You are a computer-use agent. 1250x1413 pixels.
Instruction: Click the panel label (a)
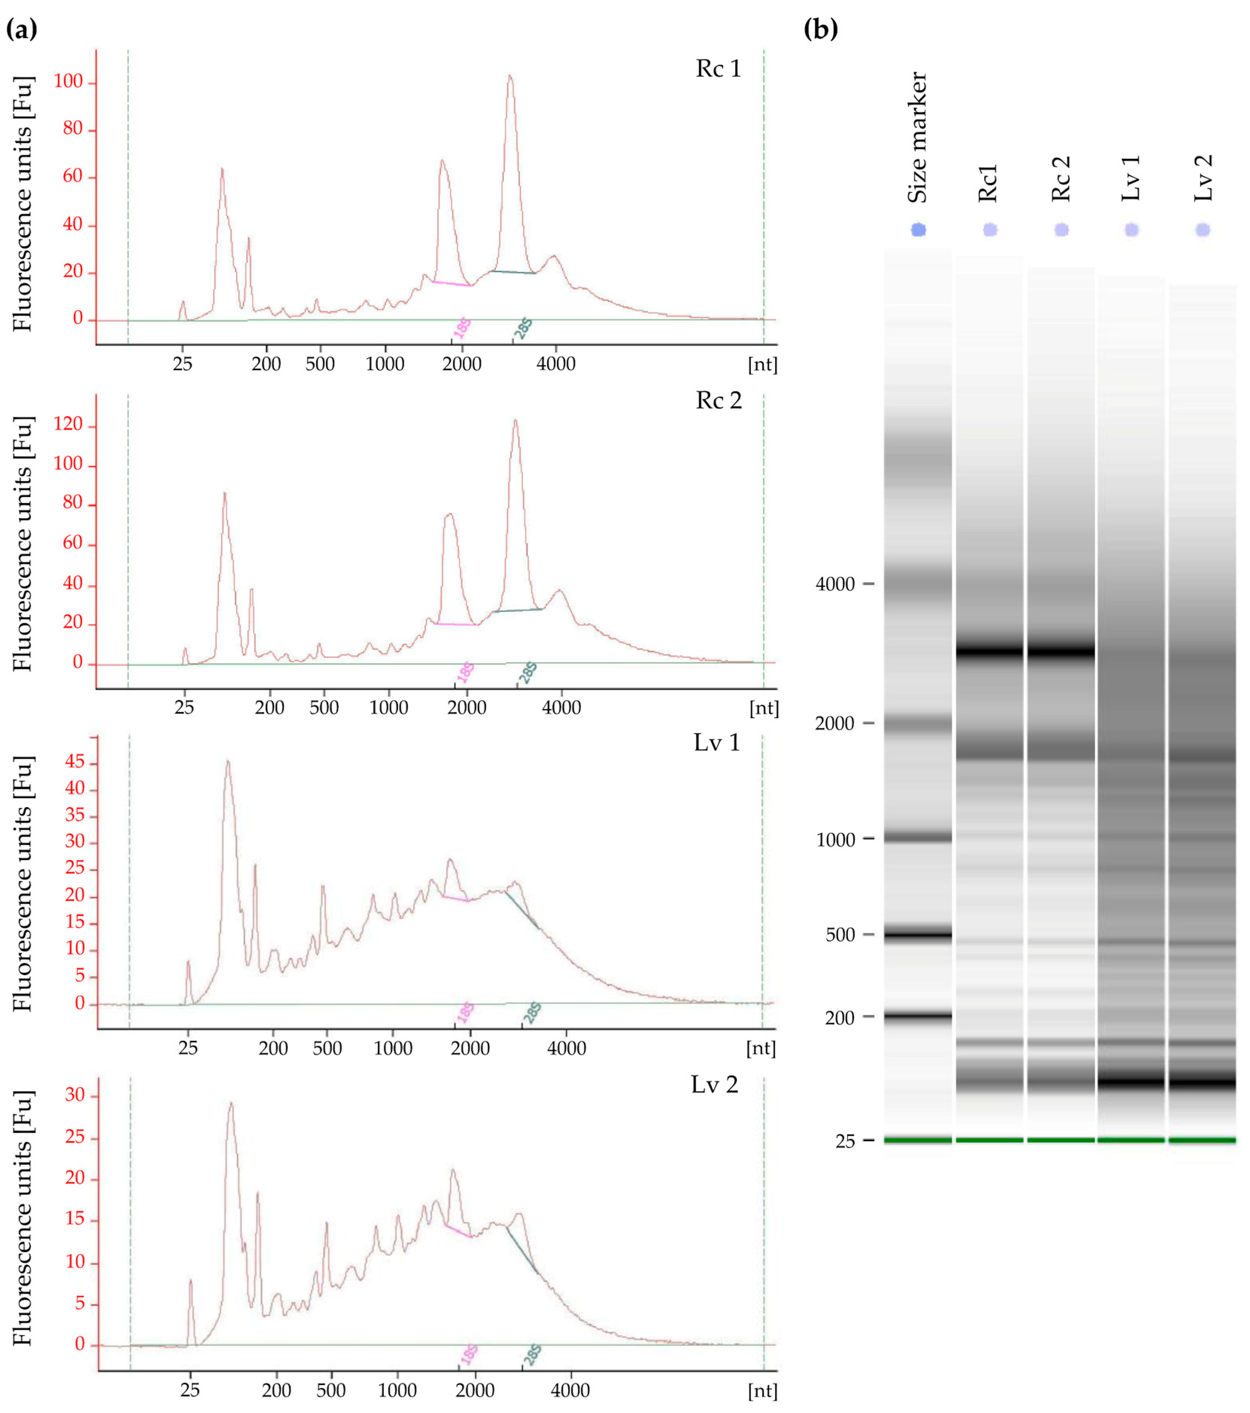[21, 29]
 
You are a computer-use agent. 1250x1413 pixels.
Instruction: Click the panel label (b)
[820, 29]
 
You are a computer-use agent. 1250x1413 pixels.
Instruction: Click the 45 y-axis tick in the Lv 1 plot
[74, 763]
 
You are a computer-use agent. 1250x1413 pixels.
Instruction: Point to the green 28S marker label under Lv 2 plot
[532, 1355]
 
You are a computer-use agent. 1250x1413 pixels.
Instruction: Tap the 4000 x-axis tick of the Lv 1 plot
[567, 1048]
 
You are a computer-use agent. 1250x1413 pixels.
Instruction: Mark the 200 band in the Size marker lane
[918, 1016]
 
